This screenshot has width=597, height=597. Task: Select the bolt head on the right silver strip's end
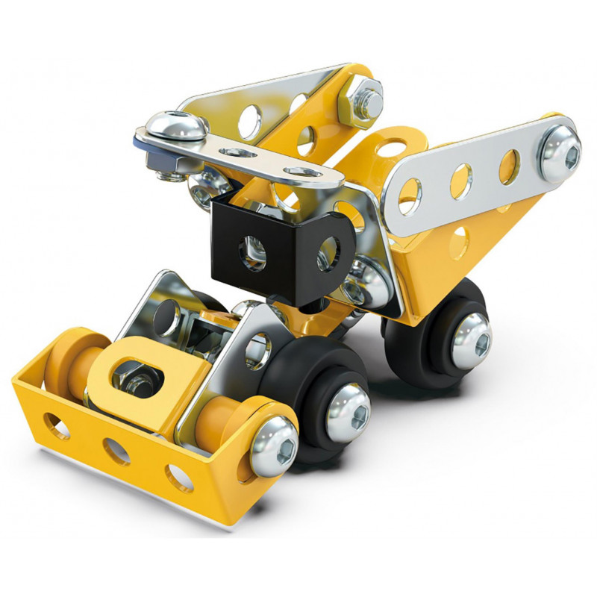pos(560,152)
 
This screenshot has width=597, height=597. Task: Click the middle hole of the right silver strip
pos(461,179)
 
